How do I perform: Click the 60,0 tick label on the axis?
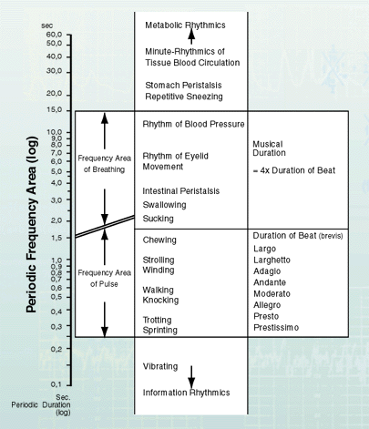[x=55, y=35]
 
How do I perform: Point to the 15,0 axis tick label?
[x=55, y=109]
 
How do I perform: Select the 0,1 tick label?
[x=56, y=384]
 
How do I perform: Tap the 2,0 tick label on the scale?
[x=56, y=220]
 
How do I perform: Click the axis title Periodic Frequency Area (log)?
[x=31, y=225]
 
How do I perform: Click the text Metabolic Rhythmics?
[x=185, y=26]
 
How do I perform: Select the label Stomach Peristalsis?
[x=183, y=86]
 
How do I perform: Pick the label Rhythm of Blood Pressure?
[x=193, y=124]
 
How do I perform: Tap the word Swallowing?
[x=164, y=205]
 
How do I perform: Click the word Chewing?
[x=159, y=240]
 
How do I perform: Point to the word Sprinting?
[x=160, y=331]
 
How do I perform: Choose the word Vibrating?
[x=160, y=366]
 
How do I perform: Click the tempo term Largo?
[x=265, y=249]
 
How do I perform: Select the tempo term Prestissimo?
[x=276, y=328]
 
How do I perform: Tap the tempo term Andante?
[x=270, y=282]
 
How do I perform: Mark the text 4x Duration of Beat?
[x=298, y=170]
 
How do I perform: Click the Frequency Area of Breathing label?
[x=105, y=164]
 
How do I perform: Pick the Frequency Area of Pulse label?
[x=105, y=279]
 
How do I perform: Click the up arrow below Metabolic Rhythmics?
[x=191, y=36]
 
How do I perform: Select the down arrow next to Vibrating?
[x=191, y=377]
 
